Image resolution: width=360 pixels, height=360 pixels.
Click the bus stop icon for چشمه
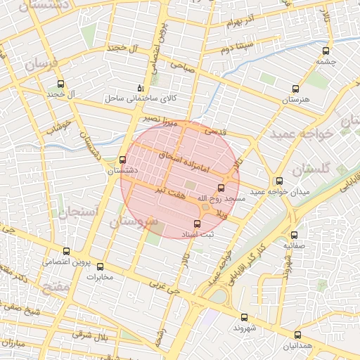tap(326, 51)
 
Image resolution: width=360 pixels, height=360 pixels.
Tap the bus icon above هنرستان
tap(295, 89)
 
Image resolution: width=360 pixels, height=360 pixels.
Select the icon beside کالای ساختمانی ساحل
tap(141, 89)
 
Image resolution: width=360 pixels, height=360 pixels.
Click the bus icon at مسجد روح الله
tap(221, 188)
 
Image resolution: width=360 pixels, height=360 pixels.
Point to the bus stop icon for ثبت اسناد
tap(196, 224)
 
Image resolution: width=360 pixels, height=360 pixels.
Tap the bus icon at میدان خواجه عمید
tap(279, 181)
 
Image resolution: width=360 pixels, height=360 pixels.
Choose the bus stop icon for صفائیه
tap(294, 236)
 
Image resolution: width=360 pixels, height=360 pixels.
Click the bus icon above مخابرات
tap(99, 266)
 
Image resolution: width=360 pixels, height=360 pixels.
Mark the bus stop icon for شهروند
tap(244, 317)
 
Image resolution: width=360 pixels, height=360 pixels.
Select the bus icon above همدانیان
tap(297, 335)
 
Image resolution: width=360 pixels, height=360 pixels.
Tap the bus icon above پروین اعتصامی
tap(66, 251)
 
